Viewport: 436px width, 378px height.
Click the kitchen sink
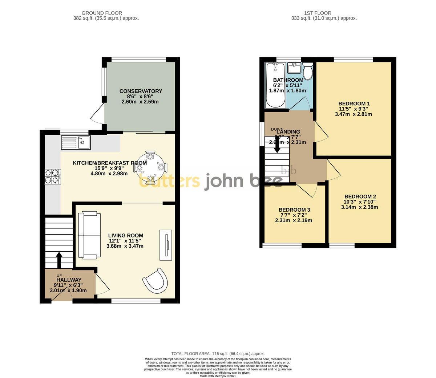pyautogui.click(x=76, y=142)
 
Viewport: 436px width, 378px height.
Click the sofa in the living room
pyautogui.click(x=89, y=235)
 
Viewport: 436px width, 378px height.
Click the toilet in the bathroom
pyautogui.click(x=308, y=71)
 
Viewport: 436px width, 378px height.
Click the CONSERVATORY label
pyautogui.click(x=141, y=91)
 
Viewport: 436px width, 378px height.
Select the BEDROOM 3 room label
pyautogui.click(x=294, y=210)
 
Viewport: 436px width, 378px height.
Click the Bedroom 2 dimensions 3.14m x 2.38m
pyautogui.click(x=359, y=207)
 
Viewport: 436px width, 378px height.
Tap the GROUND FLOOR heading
pyautogui.click(x=102, y=13)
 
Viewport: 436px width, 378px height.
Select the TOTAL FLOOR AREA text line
pyautogui.click(x=218, y=354)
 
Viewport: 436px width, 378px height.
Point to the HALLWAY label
pyautogui.click(x=68, y=280)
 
